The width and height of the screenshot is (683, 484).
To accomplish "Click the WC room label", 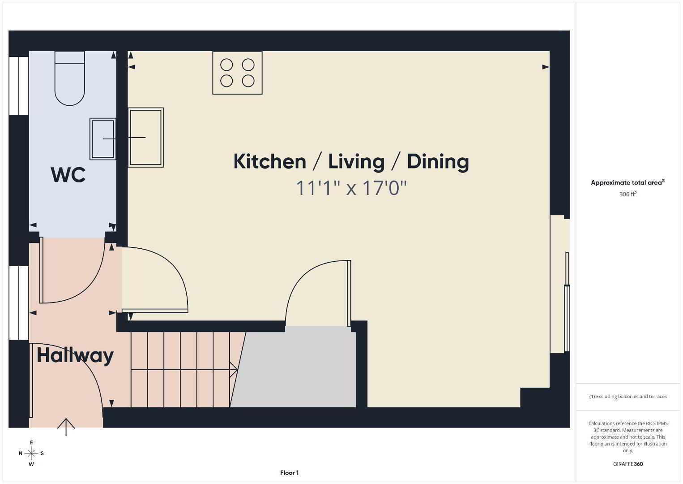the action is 68,175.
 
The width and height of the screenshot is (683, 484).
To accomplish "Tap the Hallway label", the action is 75,356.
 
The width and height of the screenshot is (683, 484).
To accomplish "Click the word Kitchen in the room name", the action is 269,161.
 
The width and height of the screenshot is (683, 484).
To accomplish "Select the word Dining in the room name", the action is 438,162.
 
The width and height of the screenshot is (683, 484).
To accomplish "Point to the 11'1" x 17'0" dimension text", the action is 351,188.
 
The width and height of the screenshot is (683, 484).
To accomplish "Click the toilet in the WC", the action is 69,78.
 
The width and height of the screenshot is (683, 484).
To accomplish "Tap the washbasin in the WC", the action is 103,139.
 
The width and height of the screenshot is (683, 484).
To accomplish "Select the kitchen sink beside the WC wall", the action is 146,138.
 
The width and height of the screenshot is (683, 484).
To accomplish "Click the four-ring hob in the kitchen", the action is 237,73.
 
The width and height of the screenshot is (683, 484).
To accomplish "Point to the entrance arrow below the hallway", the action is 66,427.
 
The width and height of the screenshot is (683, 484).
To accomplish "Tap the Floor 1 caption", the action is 290,473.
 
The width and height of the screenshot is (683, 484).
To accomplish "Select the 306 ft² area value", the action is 628,194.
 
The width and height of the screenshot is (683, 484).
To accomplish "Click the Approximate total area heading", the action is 628,182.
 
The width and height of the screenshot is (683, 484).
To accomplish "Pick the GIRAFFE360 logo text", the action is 628,464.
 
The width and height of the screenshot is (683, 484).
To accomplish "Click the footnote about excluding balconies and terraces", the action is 628,396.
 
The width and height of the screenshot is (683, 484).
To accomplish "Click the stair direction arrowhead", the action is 234,370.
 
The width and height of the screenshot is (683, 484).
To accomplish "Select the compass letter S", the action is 42,454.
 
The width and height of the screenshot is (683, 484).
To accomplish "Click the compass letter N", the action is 21,454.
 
